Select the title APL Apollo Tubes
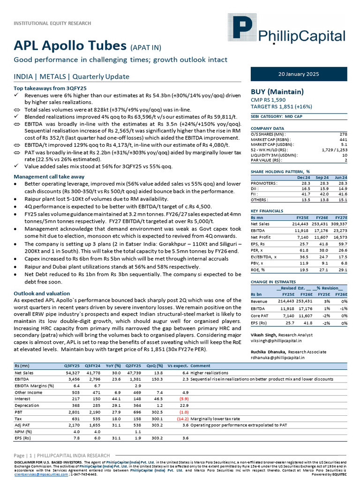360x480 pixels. (70, 45)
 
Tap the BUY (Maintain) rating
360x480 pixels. (277, 91)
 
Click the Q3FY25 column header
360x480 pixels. (72, 365)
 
